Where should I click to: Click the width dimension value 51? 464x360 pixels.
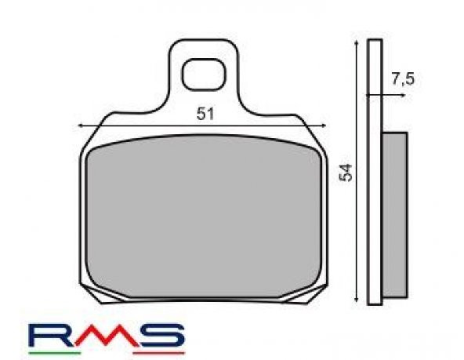click(x=205, y=113)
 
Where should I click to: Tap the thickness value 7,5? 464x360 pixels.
click(x=401, y=78)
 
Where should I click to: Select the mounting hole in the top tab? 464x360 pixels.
click(x=203, y=75)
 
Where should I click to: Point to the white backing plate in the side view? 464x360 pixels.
click(x=375, y=173)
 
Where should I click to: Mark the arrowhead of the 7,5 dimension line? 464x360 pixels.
click(x=401, y=96)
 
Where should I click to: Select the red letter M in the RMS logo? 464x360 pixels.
click(x=107, y=335)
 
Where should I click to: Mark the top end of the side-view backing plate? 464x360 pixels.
click(x=375, y=38)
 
